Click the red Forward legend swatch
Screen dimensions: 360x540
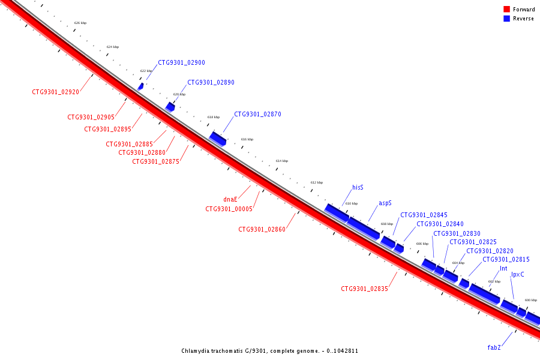506,10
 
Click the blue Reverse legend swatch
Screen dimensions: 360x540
506,19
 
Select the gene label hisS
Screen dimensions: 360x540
358,187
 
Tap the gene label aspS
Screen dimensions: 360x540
385,203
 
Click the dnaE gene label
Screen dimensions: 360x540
230,199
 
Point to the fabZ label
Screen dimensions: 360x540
494,347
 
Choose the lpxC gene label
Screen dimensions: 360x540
517,274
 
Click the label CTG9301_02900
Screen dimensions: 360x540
181,62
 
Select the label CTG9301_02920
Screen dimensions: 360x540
55,92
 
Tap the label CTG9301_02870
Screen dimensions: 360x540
257,114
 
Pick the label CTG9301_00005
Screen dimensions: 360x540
229,209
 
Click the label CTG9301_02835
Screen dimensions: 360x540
364,289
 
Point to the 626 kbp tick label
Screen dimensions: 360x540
80,23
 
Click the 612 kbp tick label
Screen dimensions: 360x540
316,182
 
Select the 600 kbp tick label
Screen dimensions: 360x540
530,300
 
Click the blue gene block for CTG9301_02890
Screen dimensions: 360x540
170,107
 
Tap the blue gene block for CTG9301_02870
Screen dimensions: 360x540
217,139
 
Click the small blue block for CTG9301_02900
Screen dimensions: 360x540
140,86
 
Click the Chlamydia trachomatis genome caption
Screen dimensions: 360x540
270,351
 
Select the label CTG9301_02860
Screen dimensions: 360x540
262,229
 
